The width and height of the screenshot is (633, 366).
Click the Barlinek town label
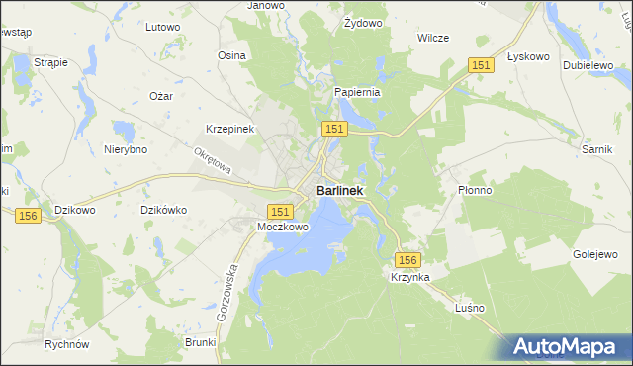339,190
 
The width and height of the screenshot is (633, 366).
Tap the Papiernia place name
357,92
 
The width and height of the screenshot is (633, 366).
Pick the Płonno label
476,190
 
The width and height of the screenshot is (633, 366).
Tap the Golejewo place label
594,254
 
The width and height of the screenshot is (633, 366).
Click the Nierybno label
126,149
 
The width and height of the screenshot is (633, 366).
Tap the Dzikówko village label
164,209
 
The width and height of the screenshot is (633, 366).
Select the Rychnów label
67,344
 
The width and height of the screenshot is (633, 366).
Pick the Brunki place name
200,341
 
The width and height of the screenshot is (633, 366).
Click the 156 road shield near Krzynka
408,259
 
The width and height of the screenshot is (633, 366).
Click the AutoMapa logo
568,347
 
